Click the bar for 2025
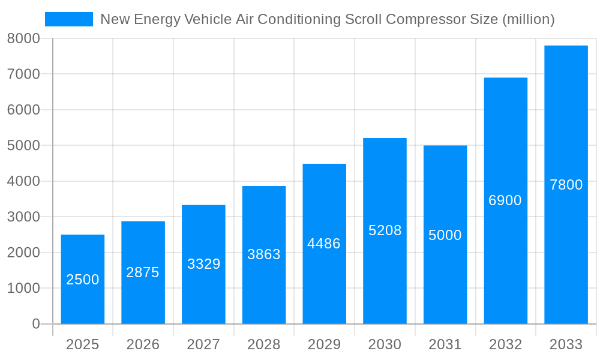83,300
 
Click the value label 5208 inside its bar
385,230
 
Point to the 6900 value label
505,200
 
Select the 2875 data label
143,272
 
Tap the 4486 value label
324,244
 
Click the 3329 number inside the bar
204,264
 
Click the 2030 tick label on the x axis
385,344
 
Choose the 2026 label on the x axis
143,344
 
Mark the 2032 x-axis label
505,344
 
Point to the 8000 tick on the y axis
23,38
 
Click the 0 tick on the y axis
35,324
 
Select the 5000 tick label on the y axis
23,145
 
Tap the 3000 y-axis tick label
23,217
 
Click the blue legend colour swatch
69,19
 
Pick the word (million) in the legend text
528,19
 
